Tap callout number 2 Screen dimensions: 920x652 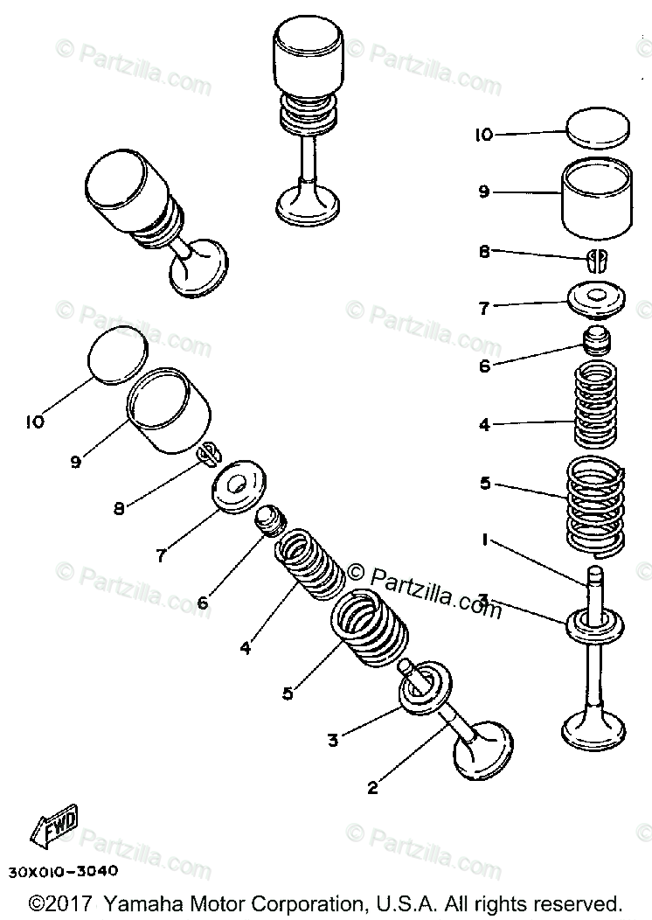point(372,788)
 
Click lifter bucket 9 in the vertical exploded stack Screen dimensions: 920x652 point(597,198)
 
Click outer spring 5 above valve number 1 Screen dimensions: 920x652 point(594,505)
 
